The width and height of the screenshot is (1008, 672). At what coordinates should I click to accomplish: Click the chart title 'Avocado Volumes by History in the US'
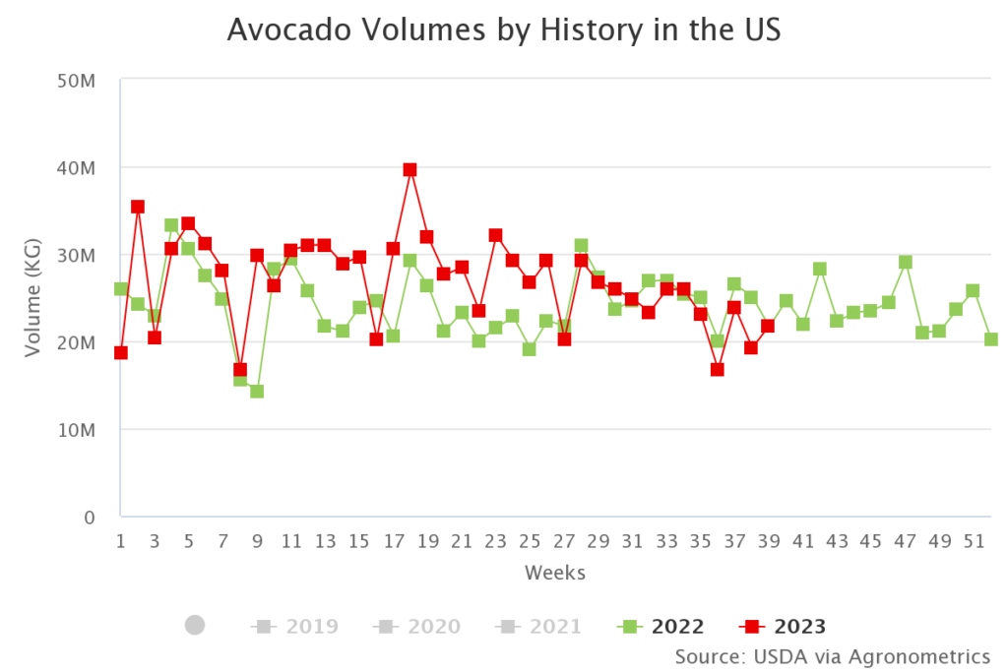503,30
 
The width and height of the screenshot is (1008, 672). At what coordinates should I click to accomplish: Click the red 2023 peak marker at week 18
409,170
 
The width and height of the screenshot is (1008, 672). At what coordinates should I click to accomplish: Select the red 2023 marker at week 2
138,207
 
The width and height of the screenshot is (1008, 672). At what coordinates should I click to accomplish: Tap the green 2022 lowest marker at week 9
257,391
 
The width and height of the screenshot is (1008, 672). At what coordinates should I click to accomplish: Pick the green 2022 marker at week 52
990,339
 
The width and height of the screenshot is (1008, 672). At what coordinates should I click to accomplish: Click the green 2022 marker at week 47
905,262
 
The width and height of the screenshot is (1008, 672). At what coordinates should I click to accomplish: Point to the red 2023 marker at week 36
718,370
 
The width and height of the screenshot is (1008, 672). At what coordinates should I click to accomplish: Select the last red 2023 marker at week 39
768,326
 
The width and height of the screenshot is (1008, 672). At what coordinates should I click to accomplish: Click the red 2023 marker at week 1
121,352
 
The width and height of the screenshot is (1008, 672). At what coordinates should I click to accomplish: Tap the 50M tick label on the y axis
75,81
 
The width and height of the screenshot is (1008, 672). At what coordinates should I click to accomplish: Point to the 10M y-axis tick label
75,430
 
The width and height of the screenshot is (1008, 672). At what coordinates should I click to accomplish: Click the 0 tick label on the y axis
88,518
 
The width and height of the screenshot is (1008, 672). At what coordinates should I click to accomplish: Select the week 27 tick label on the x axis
564,540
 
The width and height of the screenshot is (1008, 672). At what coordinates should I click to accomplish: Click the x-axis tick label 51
973,540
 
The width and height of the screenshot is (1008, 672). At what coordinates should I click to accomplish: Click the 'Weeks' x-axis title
554,573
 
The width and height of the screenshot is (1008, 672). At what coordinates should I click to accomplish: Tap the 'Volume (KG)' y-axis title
33,298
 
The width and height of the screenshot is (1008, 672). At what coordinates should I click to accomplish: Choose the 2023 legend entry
784,626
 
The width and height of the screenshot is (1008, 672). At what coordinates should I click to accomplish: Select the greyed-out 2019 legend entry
295,626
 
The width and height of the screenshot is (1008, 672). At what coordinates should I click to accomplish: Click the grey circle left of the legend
195,625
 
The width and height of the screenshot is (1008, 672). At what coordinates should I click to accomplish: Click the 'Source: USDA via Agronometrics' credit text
832,656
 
